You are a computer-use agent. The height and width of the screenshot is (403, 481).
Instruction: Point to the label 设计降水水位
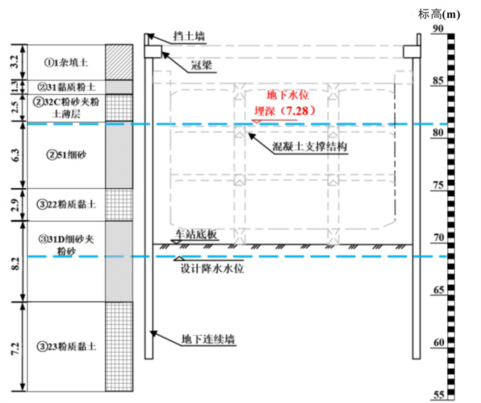(x=207, y=269)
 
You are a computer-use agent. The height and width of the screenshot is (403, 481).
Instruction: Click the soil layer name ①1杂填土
(x=67, y=62)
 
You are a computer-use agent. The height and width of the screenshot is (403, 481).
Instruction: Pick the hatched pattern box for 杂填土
(x=118, y=62)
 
